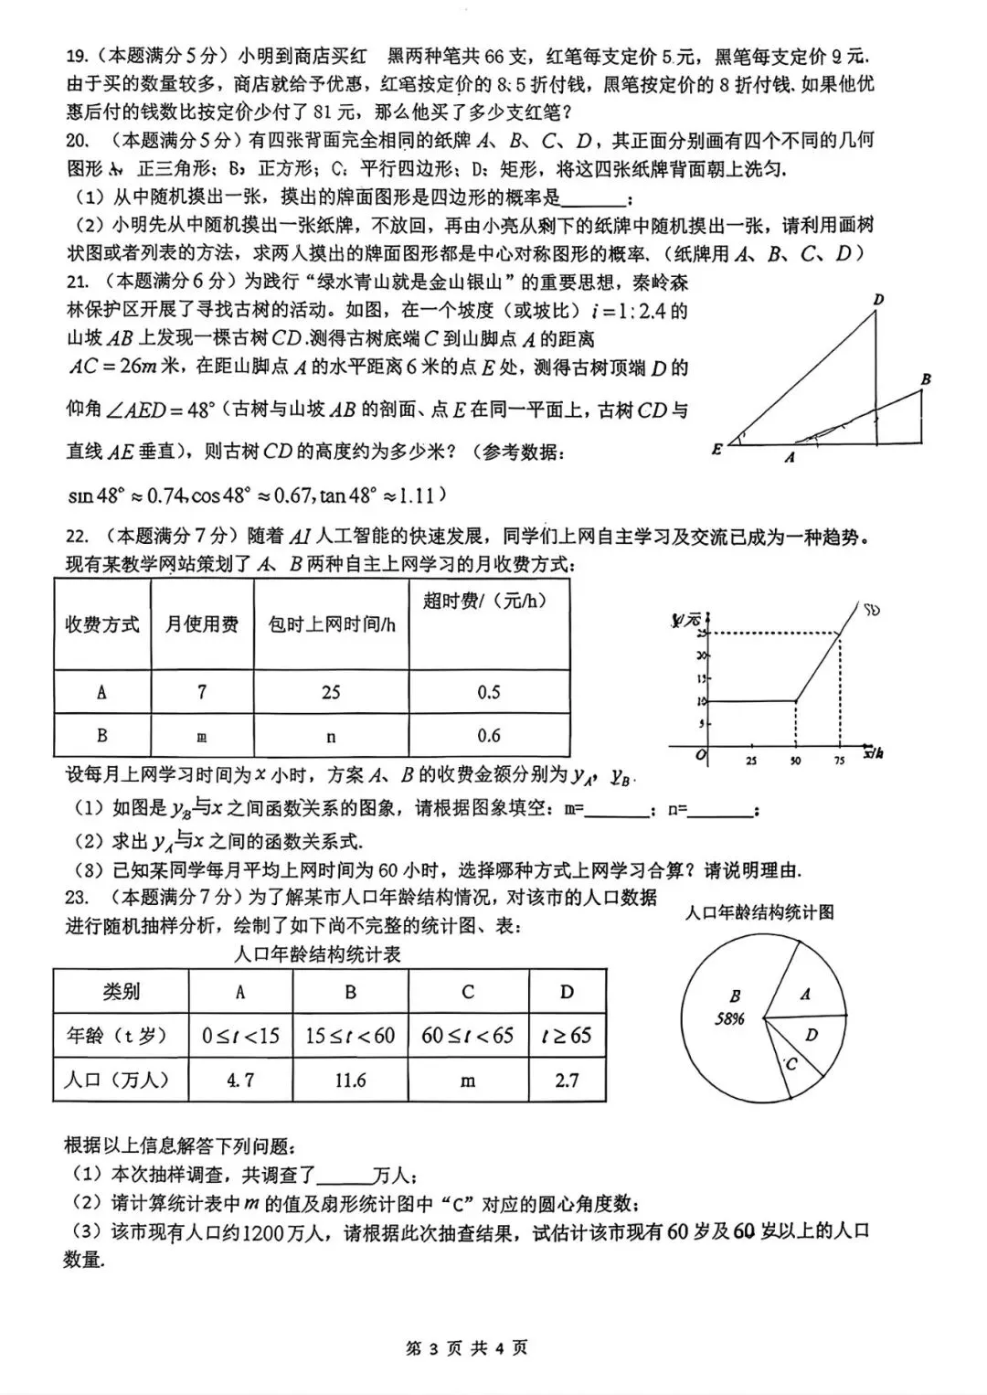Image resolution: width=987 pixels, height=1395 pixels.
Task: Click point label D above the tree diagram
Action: (x=878, y=300)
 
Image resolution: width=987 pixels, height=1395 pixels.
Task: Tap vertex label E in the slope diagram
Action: (x=717, y=449)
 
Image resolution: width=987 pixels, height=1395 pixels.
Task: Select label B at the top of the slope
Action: (x=926, y=378)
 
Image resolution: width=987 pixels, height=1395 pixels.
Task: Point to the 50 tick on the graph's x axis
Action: (x=795, y=760)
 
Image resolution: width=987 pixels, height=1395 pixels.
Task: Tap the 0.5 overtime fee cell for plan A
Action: (x=489, y=692)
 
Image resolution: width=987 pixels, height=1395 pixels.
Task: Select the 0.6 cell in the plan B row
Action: (x=489, y=735)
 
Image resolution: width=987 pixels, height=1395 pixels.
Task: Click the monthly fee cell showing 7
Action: (x=202, y=692)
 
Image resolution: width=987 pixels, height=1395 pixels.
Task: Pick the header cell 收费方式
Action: (x=102, y=624)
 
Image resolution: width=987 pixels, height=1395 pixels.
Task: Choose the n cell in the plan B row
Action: (x=331, y=736)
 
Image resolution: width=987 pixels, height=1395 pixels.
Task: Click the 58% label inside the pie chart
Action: (x=729, y=1018)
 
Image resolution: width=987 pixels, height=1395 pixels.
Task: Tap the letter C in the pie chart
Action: (x=791, y=1063)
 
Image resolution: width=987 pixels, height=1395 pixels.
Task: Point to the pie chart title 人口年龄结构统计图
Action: (x=759, y=911)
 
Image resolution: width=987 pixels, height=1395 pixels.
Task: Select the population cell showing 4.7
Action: (x=240, y=1081)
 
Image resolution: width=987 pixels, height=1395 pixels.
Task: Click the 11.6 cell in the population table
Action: (x=350, y=1081)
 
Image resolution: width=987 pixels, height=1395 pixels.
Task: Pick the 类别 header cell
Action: (x=121, y=992)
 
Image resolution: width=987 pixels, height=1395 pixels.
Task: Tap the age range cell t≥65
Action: (x=567, y=1036)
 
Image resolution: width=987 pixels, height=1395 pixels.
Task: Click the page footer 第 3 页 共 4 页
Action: (x=467, y=1347)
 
